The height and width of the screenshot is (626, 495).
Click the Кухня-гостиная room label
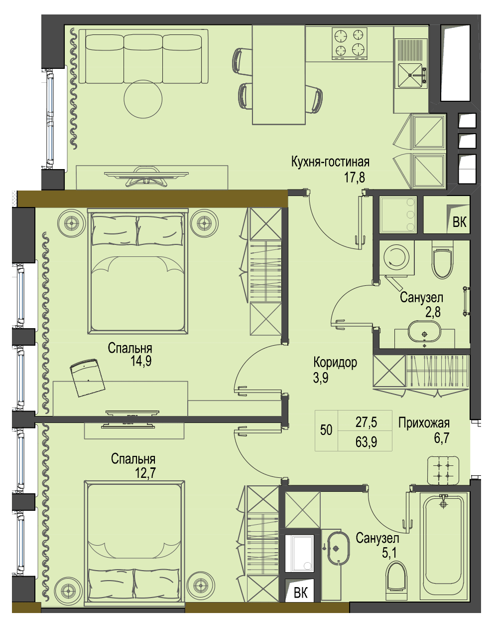[x=330, y=162]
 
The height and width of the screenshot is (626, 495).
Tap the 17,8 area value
[x=355, y=177]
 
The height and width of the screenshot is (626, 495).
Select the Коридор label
[x=335, y=363]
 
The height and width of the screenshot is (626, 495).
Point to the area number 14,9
[x=141, y=361]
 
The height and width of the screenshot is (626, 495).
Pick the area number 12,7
[x=145, y=473]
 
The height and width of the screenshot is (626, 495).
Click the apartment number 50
[x=326, y=430]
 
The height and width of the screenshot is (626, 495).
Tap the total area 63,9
[x=367, y=442]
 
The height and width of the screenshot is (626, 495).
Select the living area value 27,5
[x=367, y=422]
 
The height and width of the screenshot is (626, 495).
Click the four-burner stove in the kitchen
[x=350, y=43]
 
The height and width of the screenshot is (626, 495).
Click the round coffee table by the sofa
[x=143, y=99]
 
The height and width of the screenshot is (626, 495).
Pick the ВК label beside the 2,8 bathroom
[x=460, y=222]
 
